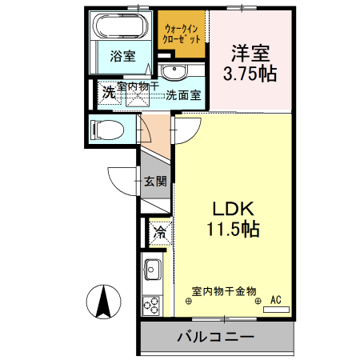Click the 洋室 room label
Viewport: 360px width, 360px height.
point(249,54)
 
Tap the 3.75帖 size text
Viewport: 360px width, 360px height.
point(249,74)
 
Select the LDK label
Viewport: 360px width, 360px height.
point(227,210)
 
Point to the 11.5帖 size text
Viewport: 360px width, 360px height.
point(227,229)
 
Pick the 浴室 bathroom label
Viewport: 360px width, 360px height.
point(122,57)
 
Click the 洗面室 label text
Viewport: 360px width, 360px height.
point(188,95)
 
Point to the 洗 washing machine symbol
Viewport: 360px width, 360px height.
point(108,92)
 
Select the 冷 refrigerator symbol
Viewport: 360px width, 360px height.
point(159,234)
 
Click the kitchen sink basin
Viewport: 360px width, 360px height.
point(152,270)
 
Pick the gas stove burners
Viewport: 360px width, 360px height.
point(152,305)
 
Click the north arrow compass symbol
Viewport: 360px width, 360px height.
point(102,302)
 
